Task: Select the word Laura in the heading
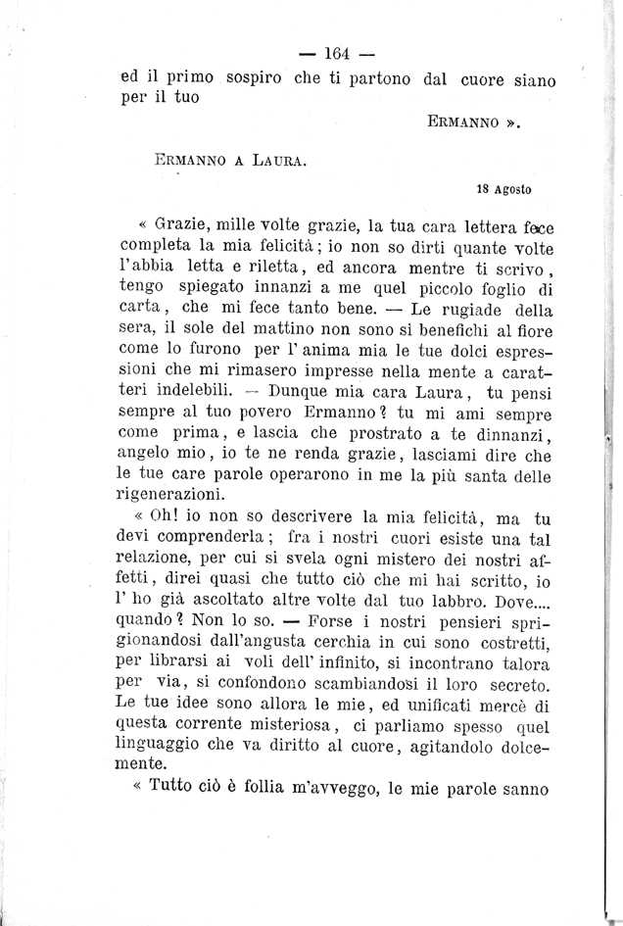pos(277,156)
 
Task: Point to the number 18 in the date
pos(480,189)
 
